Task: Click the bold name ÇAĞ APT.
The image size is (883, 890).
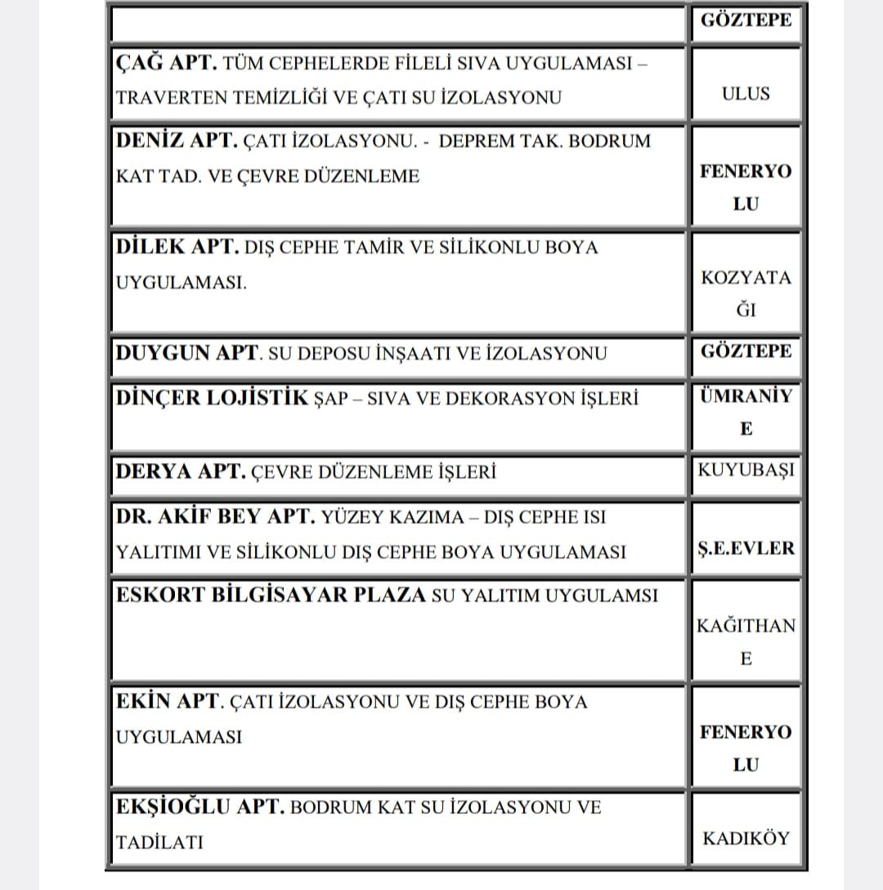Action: pos(166,62)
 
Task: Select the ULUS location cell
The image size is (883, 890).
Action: pos(746,93)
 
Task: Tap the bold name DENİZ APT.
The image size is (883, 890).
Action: pos(177,141)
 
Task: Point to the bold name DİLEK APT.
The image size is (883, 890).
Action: pos(177,247)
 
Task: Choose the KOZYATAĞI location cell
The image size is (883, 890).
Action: pos(746,293)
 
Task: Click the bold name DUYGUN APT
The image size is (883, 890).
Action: pos(187,353)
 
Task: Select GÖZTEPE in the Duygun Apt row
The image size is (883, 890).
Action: pos(746,352)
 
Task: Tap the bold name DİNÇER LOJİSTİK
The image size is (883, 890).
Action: pos(213,398)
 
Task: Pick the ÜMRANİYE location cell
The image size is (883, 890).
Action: pos(746,411)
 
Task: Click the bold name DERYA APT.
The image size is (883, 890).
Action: pos(180,472)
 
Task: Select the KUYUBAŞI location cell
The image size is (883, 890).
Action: pos(746,470)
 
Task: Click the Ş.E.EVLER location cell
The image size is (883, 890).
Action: pos(746,548)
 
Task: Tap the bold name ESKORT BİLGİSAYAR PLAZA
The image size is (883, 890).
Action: pos(271,595)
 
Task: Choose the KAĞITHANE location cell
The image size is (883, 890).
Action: pos(746,642)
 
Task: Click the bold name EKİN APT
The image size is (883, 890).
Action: pos(168,702)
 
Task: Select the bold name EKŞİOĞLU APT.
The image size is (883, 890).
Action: pos(200,807)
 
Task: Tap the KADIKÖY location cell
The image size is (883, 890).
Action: pos(746,838)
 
